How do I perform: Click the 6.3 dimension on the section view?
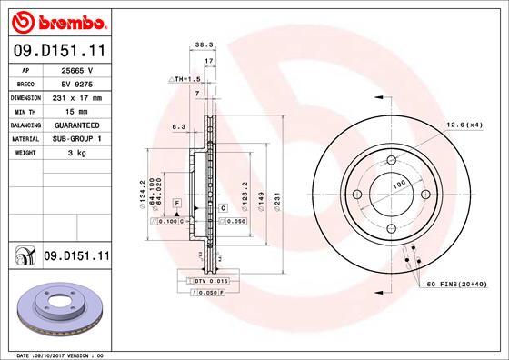tap(179, 128)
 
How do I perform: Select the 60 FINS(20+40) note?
tap(462, 285)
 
